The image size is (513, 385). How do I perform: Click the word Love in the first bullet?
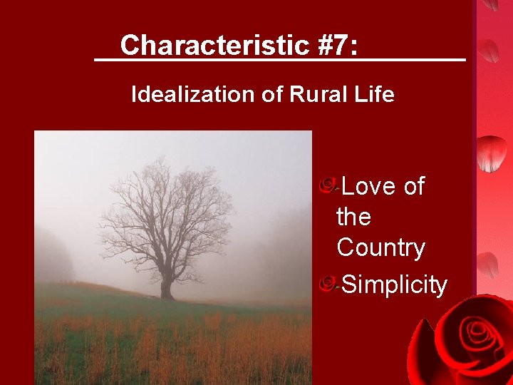point(369,186)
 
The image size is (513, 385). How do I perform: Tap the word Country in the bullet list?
point(380,247)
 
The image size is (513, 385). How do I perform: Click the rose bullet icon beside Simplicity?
point(328,284)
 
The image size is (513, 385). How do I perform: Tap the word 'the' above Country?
point(353,217)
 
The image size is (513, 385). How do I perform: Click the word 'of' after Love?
point(414,186)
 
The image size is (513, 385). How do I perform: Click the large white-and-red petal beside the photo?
point(492,153)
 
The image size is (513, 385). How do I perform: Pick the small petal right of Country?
point(487,264)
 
